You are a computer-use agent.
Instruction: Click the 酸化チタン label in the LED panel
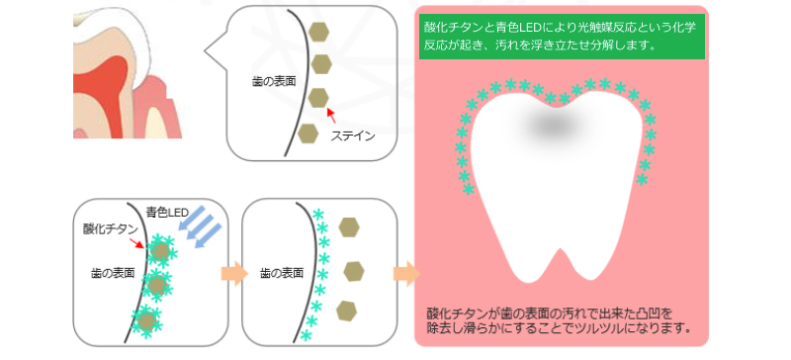coord(110,228)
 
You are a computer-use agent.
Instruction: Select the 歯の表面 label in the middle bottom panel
coord(281,272)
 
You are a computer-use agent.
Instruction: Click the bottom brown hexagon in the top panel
coord(308,132)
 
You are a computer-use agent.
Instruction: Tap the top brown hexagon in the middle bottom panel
coord(349,226)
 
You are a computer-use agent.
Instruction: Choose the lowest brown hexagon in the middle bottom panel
coord(346,311)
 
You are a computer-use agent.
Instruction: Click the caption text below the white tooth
coord(559,318)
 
